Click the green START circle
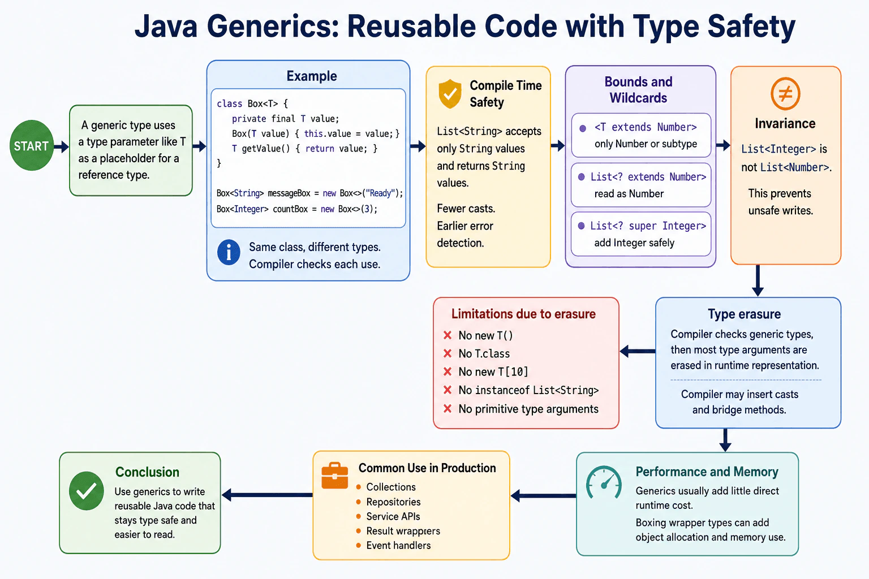point(32,145)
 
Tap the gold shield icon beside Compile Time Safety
point(450,93)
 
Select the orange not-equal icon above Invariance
point(785,93)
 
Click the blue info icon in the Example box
point(229,252)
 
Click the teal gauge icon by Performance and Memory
point(604,482)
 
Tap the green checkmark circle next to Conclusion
point(86,491)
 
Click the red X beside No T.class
point(448,353)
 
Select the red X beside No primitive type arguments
point(448,408)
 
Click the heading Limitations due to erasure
point(523,314)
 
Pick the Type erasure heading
point(744,314)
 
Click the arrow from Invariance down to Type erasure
point(758,280)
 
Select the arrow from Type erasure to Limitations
point(638,351)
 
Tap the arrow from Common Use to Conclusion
point(267,495)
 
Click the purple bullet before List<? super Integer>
point(581,226)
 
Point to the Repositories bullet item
point(388,502)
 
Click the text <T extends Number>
point(646,127)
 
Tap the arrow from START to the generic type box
point(61,146)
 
